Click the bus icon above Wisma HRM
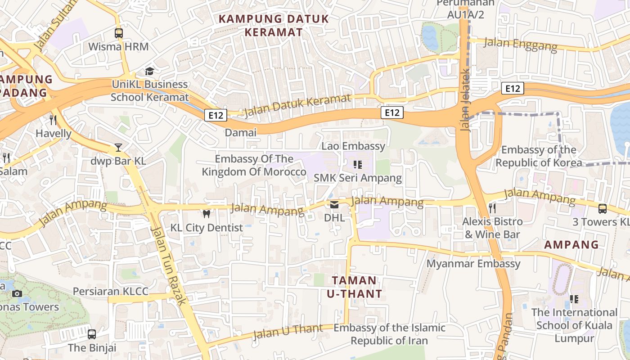[x=118, y=33]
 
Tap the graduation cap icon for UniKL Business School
[x=149, y=71]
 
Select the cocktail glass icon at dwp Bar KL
[x=118, y=147]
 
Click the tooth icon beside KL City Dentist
[x=207, y=214]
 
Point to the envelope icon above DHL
[x=334, y=205]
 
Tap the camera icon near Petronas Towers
[x=17, y=293]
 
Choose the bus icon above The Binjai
[x=92, y=334]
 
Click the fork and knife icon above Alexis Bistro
[x=492, y=208]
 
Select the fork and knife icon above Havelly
[x=53, y=120]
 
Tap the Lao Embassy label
[x=353, y=146]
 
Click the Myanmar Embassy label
[x=473, y=263]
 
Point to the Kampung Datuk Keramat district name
[x=274, y=26]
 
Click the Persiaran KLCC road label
[x=110, y=291]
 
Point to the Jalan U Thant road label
[x=288, y=332]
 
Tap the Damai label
[x=240, y=132]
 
